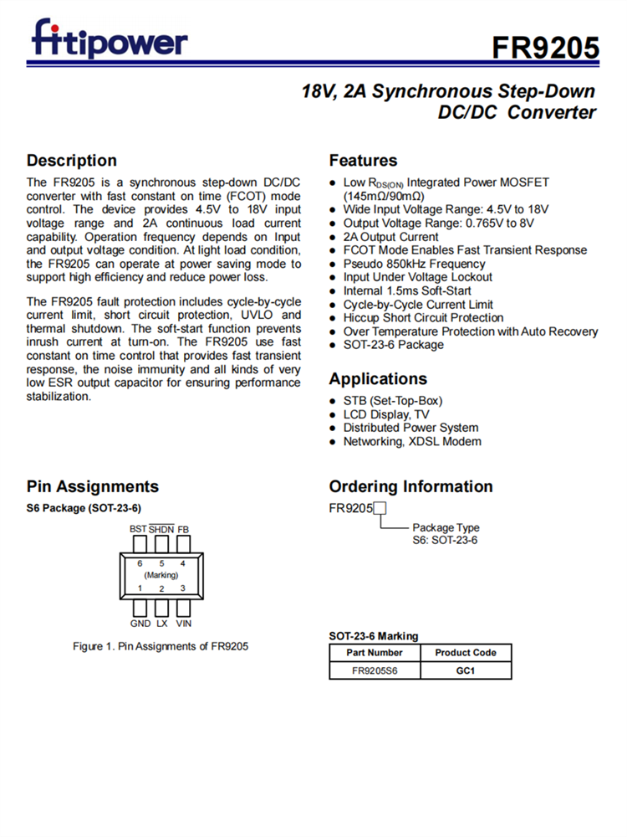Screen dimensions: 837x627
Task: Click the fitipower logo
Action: [110, 39]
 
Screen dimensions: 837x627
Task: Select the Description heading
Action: [72, 160]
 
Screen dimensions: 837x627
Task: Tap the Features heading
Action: [363, 160]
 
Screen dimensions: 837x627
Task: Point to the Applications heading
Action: [378, 378]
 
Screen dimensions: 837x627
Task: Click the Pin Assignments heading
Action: [92, 486]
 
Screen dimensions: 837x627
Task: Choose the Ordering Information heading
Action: [410, 486]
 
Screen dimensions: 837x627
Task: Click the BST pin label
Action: [138, 529]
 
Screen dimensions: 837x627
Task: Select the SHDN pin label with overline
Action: [161, 529]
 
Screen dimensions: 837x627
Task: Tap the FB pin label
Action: [183, 529]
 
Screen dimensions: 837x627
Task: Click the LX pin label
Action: [162, 624]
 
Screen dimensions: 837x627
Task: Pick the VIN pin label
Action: [184, 624]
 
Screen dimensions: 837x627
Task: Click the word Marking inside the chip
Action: [161, 575]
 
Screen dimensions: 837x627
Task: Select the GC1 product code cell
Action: [466, 670]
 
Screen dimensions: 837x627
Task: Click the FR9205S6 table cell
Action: [375, 670]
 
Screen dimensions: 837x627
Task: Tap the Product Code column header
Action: [466, 652]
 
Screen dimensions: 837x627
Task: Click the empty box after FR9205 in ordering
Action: [380, 508]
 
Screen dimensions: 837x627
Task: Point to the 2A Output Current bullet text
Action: [390, 237]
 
